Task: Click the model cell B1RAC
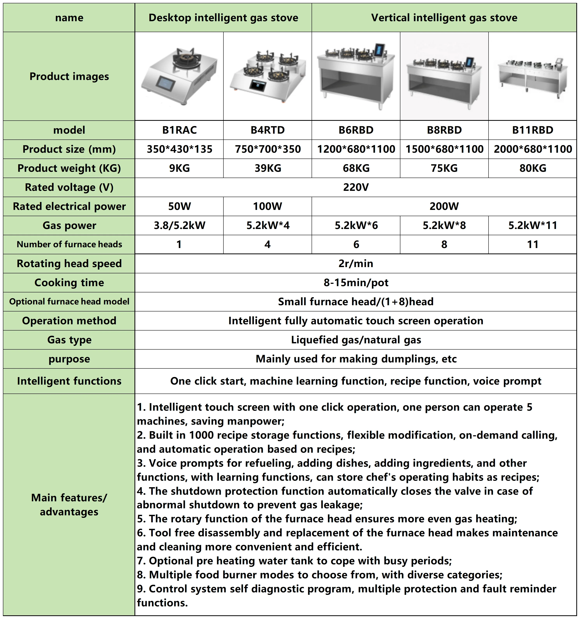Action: click(179, 130)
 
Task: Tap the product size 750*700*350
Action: click(268, 149)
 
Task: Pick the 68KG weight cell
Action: click(356, 168)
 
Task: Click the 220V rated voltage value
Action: click(356, 187)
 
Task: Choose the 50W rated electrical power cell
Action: click(179, 206)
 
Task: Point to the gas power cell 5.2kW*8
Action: click(444, 225)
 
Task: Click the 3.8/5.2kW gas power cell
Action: click(179, 225)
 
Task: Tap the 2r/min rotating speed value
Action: click(356, 263)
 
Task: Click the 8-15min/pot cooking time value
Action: click(356, 282)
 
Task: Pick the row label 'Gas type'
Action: click(69, 340)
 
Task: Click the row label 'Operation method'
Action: click(69, 321)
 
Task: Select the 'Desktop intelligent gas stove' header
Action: click(223, 18)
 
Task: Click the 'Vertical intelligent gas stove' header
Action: click(444, 18)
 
